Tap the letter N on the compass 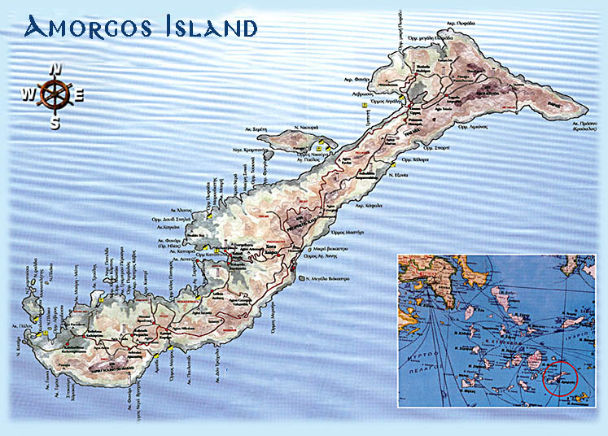tap(55, 70)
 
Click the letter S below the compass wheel tap(55, 123)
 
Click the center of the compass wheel tap(55, 95)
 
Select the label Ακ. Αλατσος tap(181, 209)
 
